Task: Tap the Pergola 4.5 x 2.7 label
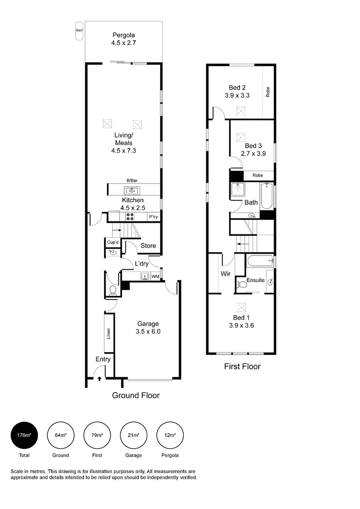[123, 39]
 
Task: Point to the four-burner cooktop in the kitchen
[130, 217]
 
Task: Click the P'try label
[154, 217]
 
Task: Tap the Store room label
[148, 246]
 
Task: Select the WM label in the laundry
[155, 277]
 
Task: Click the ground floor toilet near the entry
[113, 290]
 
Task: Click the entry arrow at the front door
[99, 379]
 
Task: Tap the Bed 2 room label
[237, 91]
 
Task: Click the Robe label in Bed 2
[268, 91]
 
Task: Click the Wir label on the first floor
[225, 274]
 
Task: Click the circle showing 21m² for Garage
[133, 435]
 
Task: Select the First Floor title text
[242, 366]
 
